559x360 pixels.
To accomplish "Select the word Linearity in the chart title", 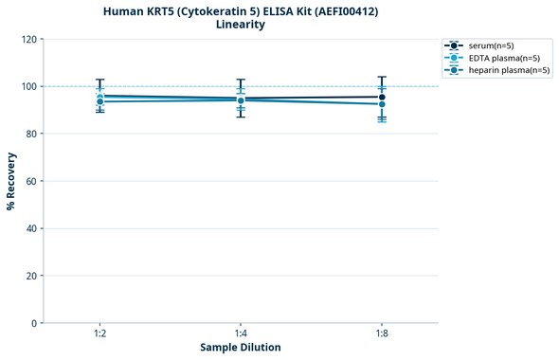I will point(241,25).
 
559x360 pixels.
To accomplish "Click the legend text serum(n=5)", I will point(491,45).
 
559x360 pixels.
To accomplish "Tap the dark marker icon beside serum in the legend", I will point(455,45).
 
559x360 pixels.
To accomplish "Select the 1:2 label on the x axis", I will point(99,333).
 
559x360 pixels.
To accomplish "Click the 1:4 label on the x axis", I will point(241,333).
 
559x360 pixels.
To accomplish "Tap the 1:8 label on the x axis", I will point(382,333).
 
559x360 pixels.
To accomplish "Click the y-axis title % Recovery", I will point(11,180).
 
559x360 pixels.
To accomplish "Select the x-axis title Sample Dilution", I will point(241,348).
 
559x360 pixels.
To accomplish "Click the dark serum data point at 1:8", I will point(382,97).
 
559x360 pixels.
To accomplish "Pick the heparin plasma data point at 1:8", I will point(382,104).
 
